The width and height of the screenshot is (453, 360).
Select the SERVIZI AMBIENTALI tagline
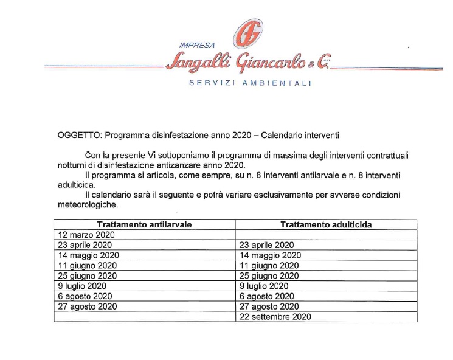point(250,83)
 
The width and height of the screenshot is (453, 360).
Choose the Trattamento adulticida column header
point(326,224)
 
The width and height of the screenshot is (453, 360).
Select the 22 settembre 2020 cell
point(275,316)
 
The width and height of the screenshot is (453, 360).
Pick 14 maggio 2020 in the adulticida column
point(271,255)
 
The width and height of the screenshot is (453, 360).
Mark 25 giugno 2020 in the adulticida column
point(270,275)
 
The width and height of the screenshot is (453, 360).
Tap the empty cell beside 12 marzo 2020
point(326,234)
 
